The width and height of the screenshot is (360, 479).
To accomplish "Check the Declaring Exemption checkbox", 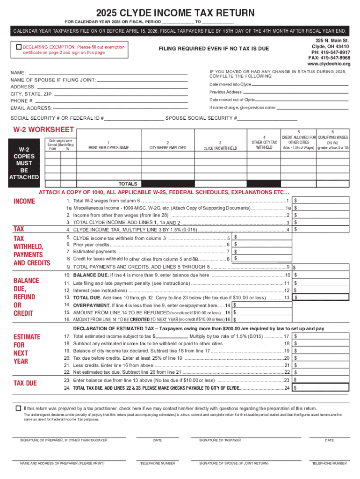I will tap(19, 47).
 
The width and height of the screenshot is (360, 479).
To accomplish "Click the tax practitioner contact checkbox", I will tap(18, 408).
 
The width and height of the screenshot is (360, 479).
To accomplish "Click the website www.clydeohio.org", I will tap(328, 64).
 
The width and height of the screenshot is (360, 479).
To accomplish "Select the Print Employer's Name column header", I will tap(108, 148).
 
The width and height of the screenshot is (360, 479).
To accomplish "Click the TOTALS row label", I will tap(128, 184).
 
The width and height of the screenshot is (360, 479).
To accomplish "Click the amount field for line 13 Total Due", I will tap(323, 298).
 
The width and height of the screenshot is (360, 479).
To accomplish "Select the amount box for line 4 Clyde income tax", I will tap(323, 230).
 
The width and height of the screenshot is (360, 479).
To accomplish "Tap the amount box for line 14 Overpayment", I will tap(262, 305).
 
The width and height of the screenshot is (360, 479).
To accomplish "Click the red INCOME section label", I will tap(24, 202).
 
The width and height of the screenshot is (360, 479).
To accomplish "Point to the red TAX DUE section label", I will tap(25, 384).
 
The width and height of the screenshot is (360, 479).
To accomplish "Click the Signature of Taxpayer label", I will tap(220, 440).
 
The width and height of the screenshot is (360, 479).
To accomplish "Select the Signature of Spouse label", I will tap(234, 463).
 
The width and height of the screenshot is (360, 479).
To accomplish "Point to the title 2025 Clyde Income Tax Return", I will tap(180, 13).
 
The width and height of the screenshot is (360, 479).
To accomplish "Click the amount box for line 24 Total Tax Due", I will tap(323, 388).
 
